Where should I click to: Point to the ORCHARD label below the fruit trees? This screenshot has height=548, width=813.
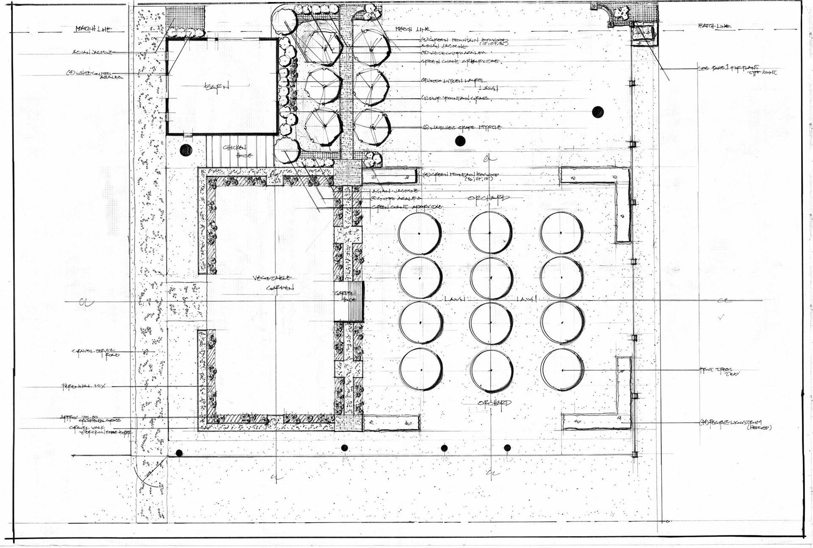495,403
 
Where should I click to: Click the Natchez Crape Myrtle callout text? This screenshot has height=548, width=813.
462,127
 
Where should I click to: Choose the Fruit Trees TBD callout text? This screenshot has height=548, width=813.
716,371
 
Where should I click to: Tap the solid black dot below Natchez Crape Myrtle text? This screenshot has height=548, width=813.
460,141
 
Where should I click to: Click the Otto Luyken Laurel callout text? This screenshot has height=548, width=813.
454,80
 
